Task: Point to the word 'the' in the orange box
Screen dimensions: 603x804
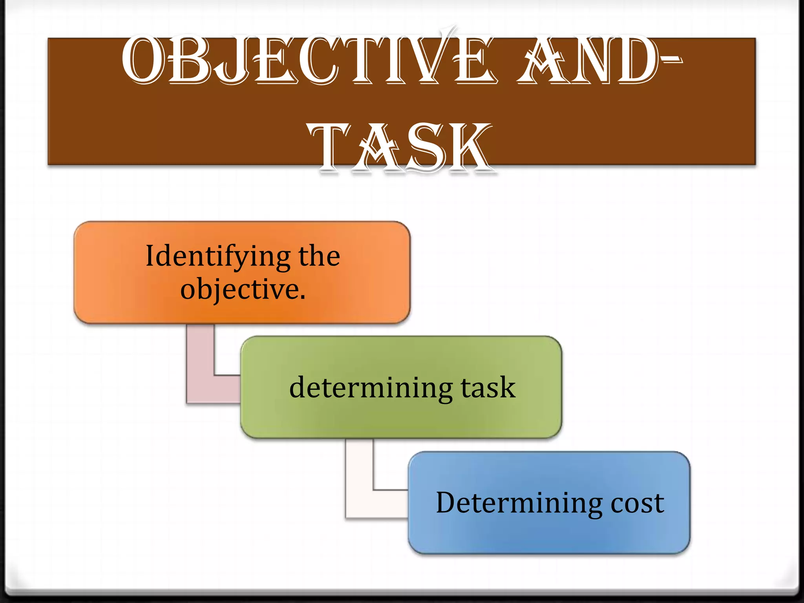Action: (x=319, y=256)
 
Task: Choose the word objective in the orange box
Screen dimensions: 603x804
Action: (x=239, y=290)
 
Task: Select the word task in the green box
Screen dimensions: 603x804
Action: (x=488, y=388)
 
